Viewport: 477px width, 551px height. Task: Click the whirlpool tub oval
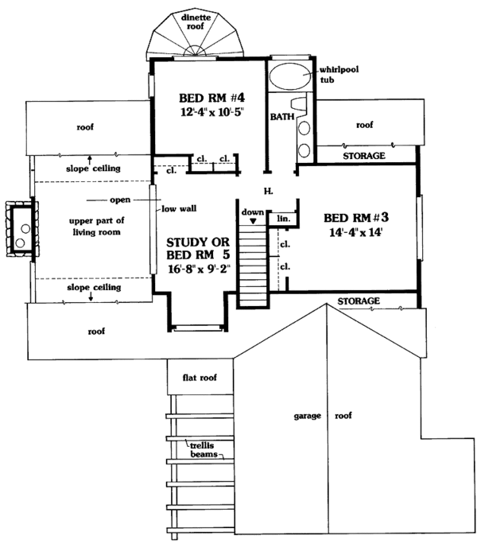point(290,76)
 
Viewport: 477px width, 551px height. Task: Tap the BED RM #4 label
point(211,97)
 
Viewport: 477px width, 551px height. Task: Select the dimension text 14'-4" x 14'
point(355,232)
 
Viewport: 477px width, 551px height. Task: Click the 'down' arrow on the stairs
point(253,221)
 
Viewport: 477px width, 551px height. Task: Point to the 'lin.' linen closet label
point(284,219)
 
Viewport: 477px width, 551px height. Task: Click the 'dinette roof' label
point(196,21)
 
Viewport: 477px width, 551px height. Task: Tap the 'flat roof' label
point(200,378)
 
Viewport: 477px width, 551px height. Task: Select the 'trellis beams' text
point(203,450)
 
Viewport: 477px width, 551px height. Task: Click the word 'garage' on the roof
point(308,416)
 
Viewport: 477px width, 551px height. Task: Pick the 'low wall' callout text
point(179,209)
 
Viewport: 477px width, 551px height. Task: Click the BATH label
point(282,117)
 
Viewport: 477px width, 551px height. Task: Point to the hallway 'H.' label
point(269,191)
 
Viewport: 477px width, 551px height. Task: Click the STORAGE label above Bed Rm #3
point(364,156)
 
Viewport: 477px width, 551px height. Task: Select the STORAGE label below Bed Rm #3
point(359,301)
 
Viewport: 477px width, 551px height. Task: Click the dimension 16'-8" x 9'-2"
point(199,269)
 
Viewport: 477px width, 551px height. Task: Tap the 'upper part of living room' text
point(97,227)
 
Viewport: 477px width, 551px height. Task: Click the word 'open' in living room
point(120,200)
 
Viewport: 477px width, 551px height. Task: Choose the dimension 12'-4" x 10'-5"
point(211,112)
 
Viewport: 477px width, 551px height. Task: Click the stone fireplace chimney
point(21,229)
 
